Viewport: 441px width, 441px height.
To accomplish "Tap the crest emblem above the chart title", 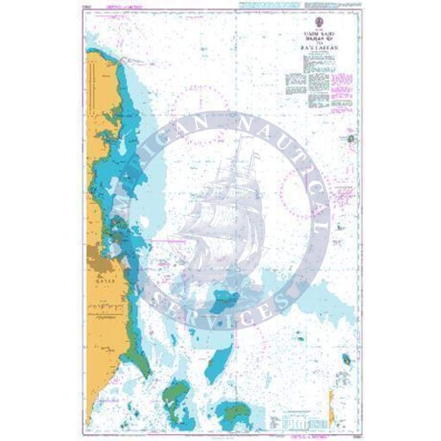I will point(320,20).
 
